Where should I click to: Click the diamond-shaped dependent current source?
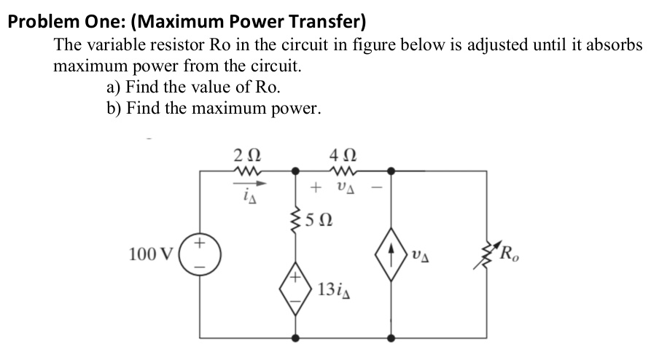(x=392, y=256)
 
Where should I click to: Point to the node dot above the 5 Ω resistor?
(x=296, y=171)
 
